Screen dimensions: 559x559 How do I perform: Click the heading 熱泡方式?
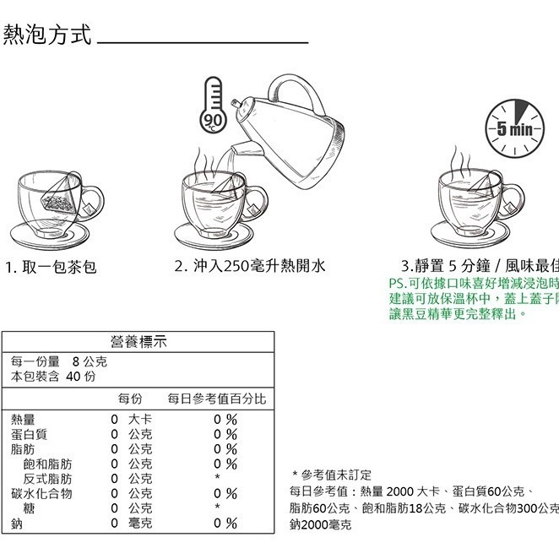[46, 35]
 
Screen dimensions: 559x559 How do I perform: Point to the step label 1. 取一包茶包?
[51, 267]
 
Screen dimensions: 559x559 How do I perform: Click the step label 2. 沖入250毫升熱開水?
[249, 266]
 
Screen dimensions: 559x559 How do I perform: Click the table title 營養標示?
[138, 341]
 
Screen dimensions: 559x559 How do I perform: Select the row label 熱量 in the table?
[23, 419]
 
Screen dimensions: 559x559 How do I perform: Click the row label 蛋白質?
[30, 434]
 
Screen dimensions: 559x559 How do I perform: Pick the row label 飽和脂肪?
[47, 464]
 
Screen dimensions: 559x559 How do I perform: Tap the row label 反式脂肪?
[47, 479]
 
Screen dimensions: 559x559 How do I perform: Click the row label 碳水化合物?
[41, 493]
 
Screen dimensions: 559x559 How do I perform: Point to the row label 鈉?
[17, 524]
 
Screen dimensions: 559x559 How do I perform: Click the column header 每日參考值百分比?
[216, 398]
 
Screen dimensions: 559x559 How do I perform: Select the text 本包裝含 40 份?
[52, 376]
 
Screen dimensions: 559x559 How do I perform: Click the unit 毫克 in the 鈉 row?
[140, 524]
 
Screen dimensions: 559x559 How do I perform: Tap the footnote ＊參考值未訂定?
[332, 475]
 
